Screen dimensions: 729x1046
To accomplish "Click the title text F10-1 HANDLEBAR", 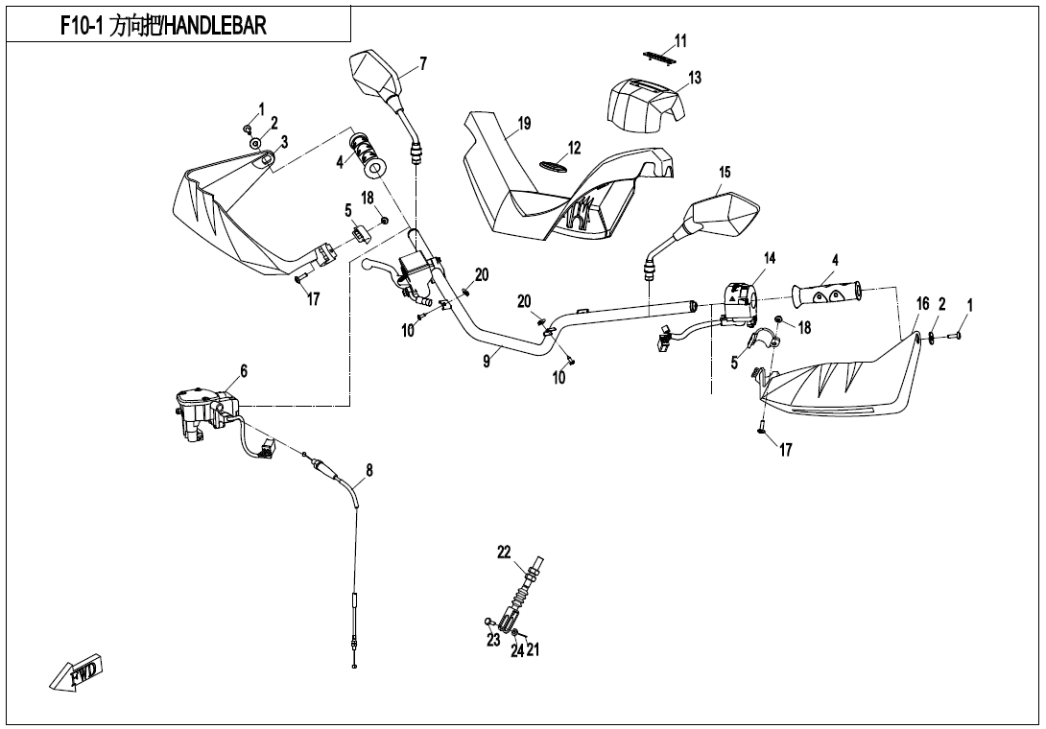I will click(163, 27).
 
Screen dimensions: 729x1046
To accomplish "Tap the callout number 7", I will click(423, 64).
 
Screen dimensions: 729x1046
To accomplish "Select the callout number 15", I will click(725, 173).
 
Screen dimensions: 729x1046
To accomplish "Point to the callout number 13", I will click(695, 78).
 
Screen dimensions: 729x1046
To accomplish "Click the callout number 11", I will click(680, 40).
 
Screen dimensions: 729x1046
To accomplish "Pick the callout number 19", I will click(524, 124).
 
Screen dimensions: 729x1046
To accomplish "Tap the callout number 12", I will click(574, 149).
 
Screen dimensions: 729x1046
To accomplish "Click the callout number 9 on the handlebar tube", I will click(487, 361).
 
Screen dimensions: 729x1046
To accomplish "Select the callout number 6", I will click(244, 371).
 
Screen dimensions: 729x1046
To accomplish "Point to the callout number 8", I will click(369, 472).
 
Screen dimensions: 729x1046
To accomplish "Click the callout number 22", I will click(504, 552).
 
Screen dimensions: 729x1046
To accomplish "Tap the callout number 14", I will click(770, 259).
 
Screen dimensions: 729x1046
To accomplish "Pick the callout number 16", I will click(922, 304).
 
